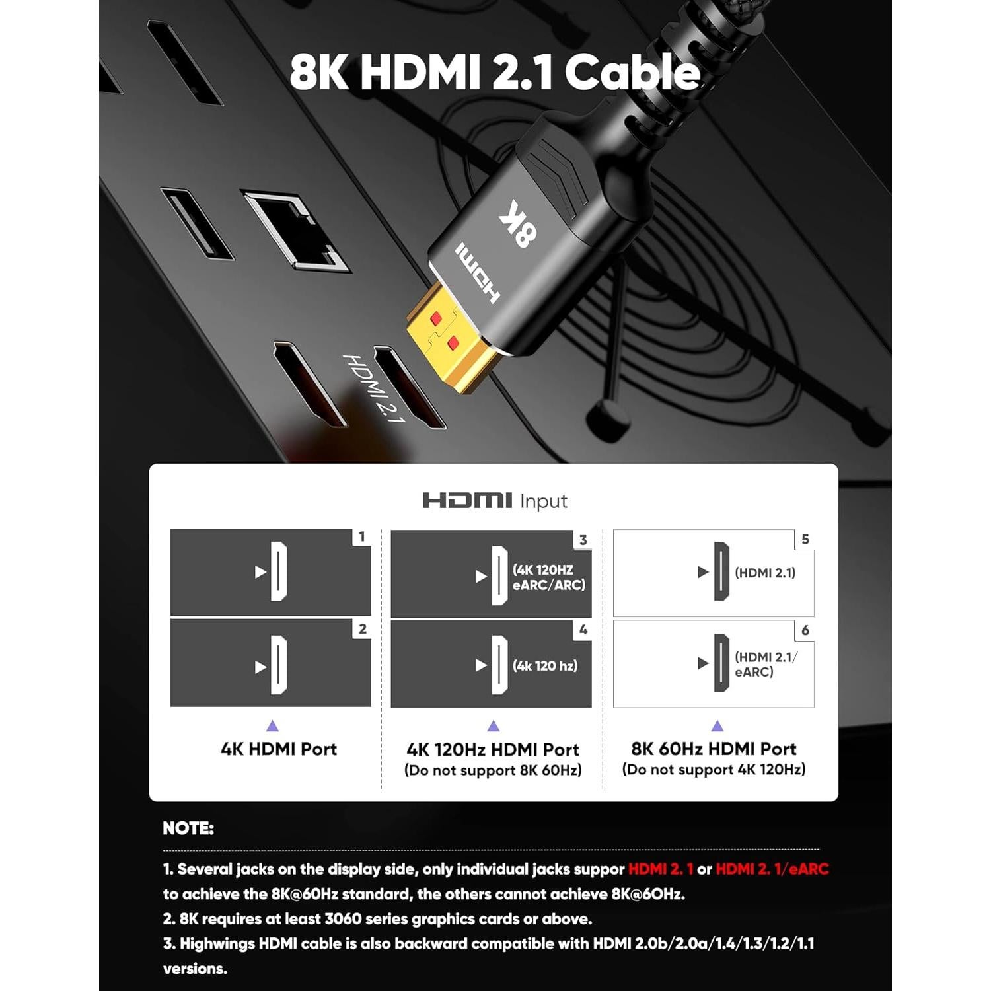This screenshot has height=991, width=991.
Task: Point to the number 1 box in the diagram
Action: tap(361, 537)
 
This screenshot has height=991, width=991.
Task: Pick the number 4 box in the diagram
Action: tap(583, 630)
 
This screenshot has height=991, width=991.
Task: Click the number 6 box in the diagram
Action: tap(805, 630)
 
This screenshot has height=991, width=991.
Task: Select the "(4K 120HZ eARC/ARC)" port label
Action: tap(549, 577)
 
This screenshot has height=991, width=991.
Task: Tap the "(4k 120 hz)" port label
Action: tap(545, 666)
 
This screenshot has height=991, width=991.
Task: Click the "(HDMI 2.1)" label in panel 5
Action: tap(765, 573)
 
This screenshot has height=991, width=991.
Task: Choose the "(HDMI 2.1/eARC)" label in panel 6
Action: tap(766, 664)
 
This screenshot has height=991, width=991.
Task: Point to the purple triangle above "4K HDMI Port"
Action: tap(272, 726)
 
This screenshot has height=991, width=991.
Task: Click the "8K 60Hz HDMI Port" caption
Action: tap(714, 749)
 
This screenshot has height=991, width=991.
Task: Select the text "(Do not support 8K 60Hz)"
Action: tap(493, 770)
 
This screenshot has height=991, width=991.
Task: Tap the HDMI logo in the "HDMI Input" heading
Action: tap(467, 501)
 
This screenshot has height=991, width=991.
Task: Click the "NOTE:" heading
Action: tap(188, 828)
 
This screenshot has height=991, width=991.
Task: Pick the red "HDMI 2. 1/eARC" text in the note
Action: tap(772, 869)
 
